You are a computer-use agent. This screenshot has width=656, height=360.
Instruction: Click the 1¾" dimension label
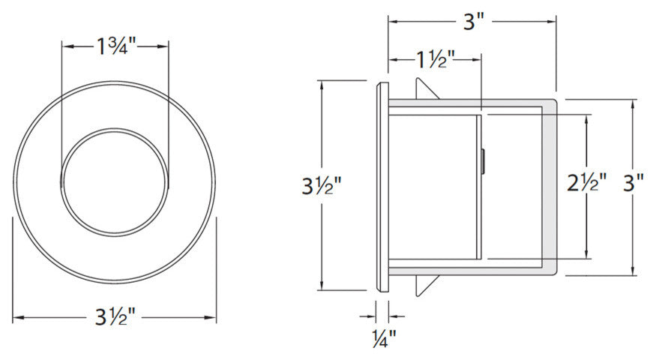[x=116, y=46]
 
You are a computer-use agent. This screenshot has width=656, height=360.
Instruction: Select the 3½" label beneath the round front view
[x=114, y=317]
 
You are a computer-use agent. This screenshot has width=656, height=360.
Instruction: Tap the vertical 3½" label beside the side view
[x=322, y=185]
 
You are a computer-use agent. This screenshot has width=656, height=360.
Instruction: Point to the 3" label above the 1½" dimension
[x=474, y=21]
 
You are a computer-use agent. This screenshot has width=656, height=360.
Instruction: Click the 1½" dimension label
[x=435, y=60]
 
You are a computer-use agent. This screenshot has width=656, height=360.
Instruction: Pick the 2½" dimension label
[x=586, y=182]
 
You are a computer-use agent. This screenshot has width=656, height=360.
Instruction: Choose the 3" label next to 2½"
[x=633, y=182]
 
